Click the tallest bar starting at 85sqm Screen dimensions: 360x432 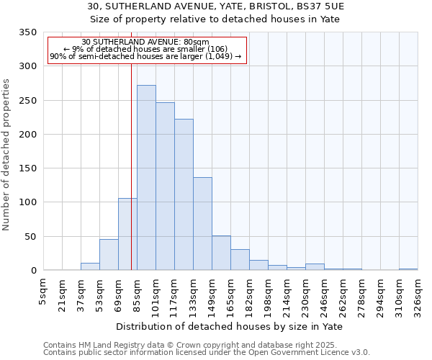click(146, 178)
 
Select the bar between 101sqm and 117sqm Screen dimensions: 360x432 click(165, 186)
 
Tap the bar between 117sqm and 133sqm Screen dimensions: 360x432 click(184, 194)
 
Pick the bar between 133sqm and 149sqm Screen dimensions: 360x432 click(202, 224)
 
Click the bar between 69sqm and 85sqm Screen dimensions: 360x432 click(127, 234)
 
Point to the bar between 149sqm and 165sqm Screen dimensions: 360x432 click(221, 253)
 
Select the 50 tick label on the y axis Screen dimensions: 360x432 click(30, 236)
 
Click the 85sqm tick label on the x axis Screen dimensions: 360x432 click(137, 295)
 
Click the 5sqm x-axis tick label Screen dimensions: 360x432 click(43, 293)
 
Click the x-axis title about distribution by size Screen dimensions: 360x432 click(229, 327)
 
